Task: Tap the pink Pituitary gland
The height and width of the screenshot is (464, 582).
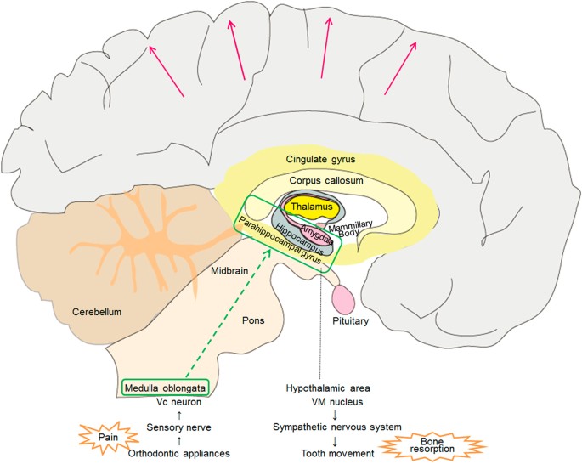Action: (x=343, y=300)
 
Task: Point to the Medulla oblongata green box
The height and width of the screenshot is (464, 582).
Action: (x=166, y=388)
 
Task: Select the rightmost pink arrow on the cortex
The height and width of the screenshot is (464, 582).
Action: (x=400, y=68)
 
